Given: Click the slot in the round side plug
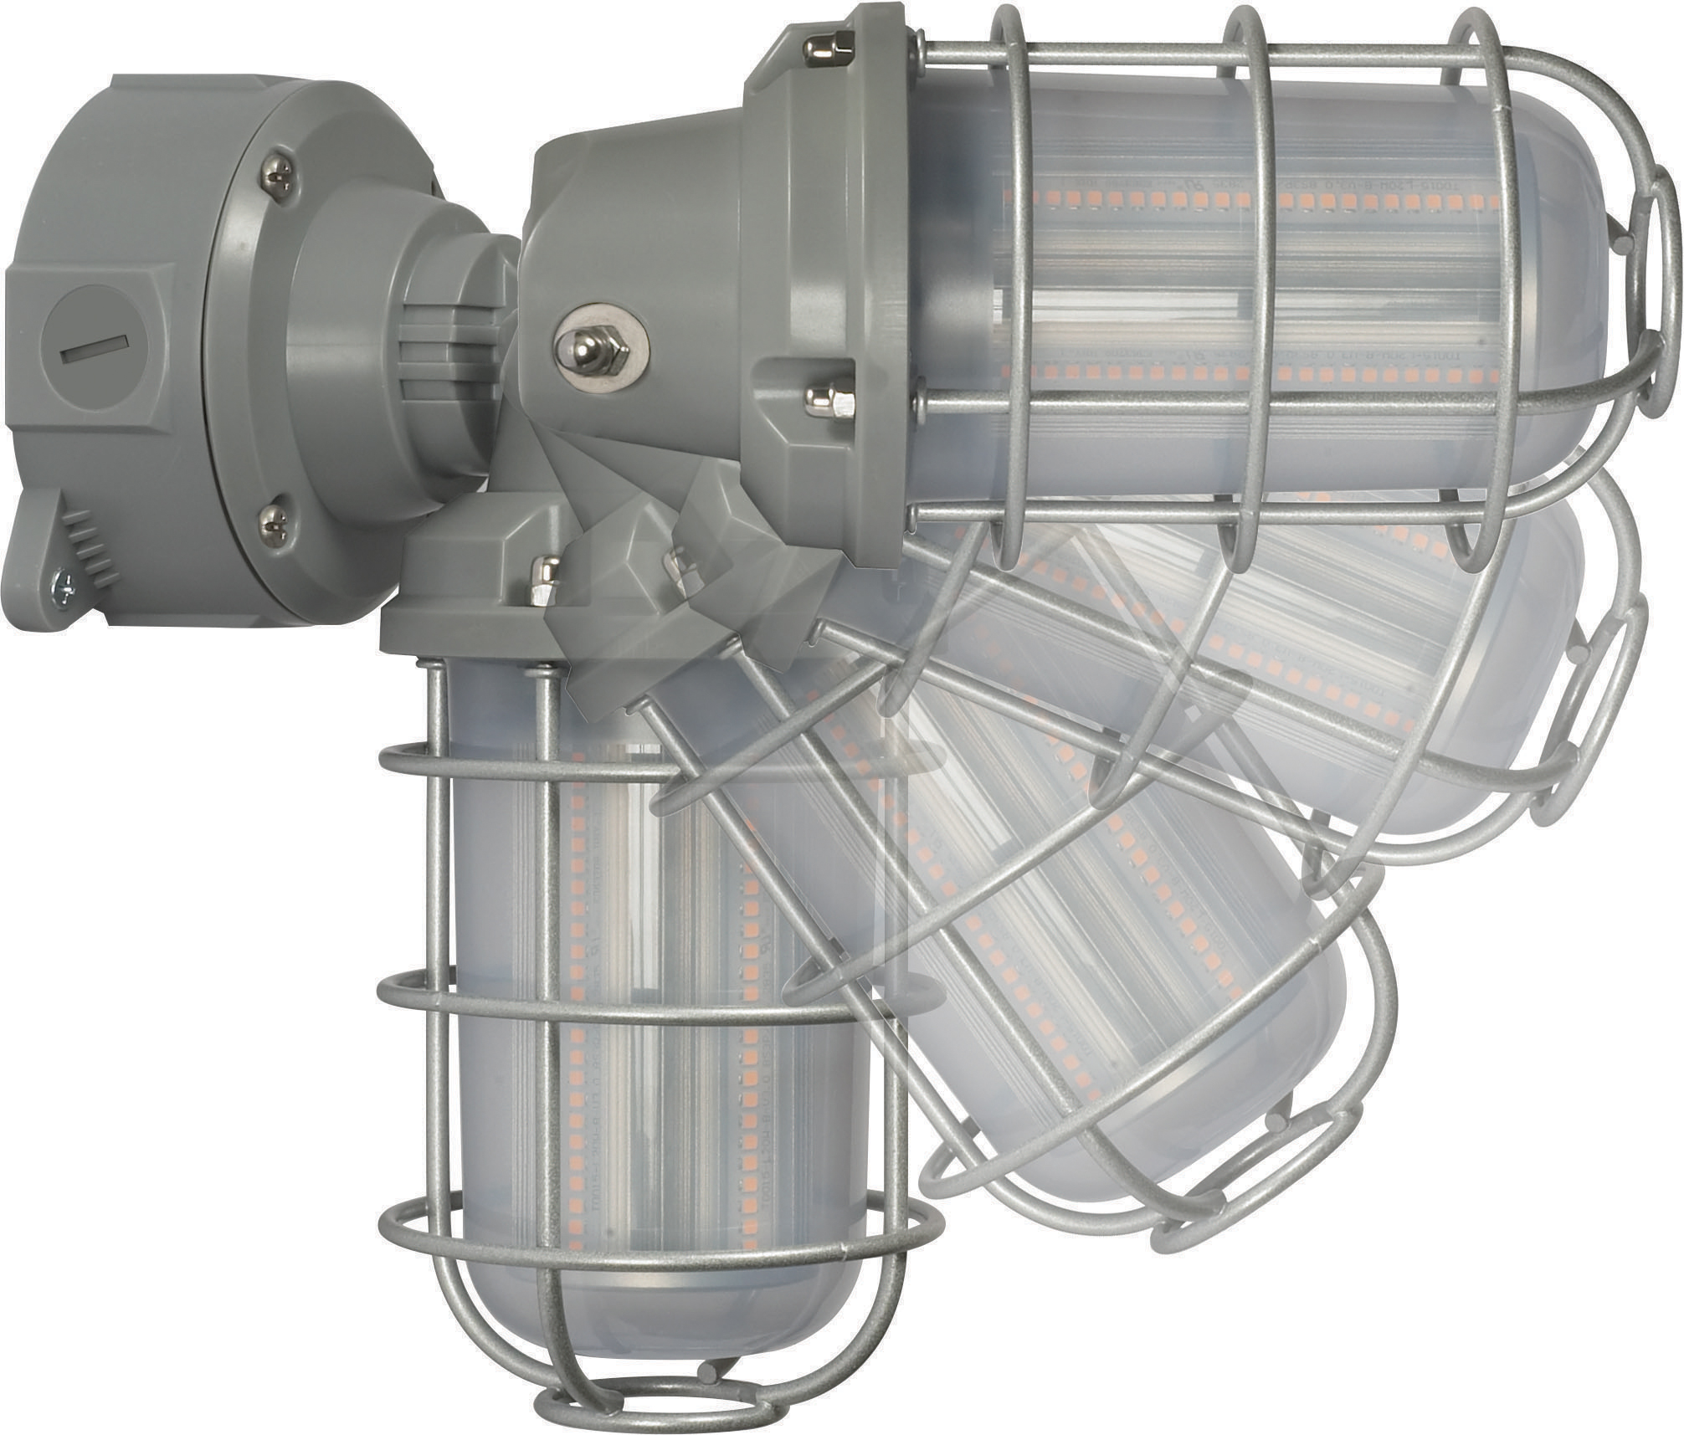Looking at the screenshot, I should (x=94, y=350).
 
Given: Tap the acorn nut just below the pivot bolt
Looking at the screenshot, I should (x=828, y=399).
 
